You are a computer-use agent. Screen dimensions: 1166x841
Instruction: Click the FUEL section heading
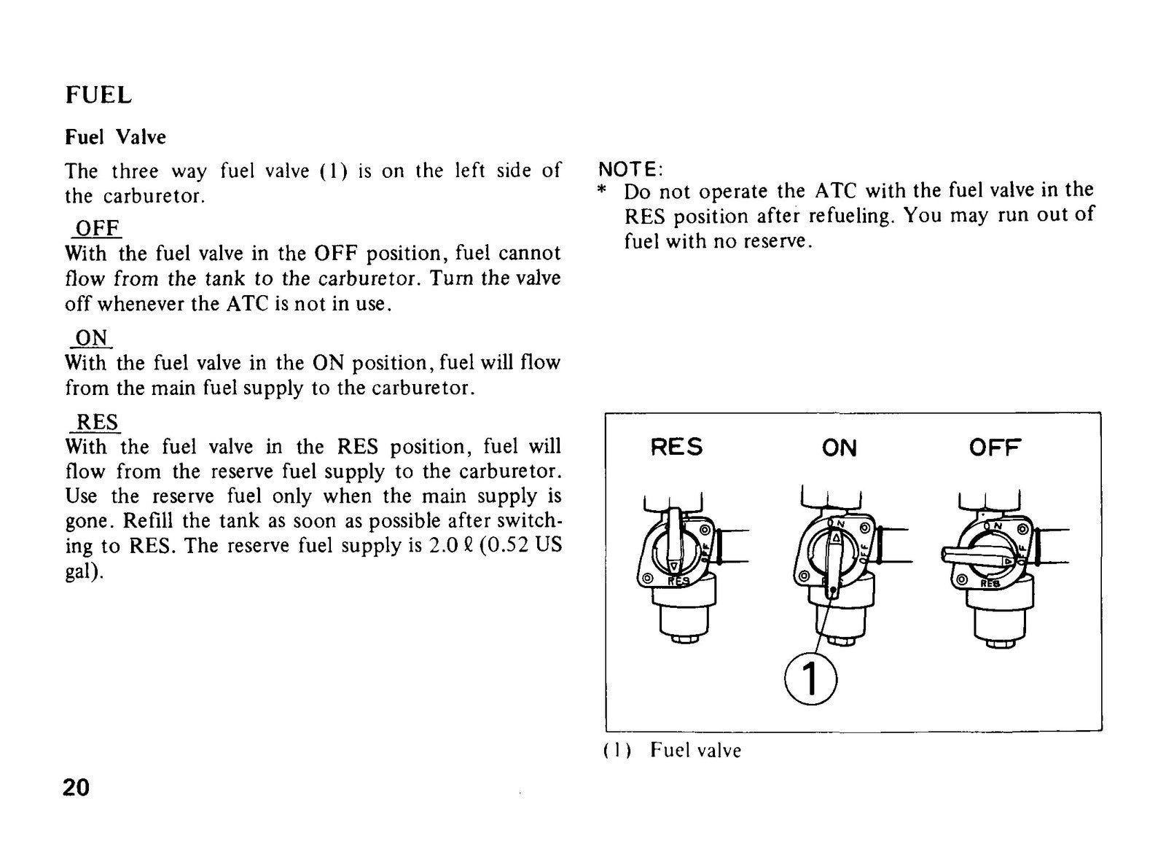99,95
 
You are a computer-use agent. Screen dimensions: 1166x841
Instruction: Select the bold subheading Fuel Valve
116,138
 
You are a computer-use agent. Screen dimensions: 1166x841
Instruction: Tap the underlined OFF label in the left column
98,228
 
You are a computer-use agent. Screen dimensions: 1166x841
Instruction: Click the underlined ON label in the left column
92,337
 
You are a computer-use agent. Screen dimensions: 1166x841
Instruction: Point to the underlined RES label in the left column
98,421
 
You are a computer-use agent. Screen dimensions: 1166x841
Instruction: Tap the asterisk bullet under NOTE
602,190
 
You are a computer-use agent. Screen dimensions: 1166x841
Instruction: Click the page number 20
76,787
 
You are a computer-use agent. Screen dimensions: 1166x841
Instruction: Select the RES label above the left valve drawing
677,447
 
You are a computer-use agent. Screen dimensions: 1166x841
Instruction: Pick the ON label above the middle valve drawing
839,448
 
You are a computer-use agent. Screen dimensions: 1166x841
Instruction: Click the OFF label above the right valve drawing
995,447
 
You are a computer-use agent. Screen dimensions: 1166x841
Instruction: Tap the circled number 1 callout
810,679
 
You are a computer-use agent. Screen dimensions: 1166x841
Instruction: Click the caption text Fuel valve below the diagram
695,751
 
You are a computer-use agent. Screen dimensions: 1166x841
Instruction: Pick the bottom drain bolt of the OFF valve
1000,644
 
